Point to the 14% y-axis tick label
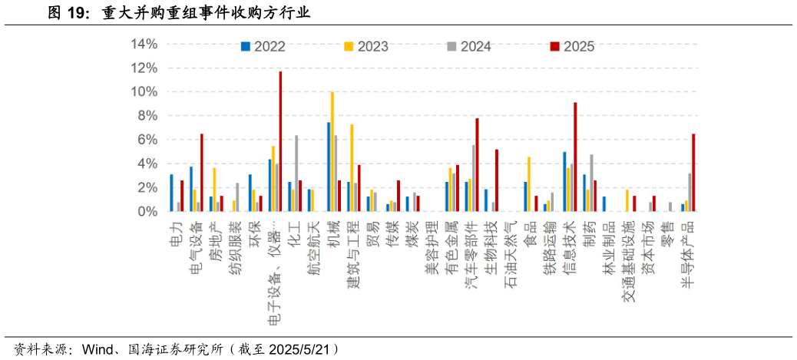[x=144, y=45]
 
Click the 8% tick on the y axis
[x=147, y=116]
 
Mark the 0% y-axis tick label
[x=147, y=211]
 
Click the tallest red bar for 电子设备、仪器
[x=280, y=141]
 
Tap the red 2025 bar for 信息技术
[x=575, y=157]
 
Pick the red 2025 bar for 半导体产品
[x=693, y=173]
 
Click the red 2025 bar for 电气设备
[x=202, y=173]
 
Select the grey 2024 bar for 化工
[x=296, y=173]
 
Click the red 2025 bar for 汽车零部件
[x=477, y=164]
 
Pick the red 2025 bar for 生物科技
[x=497, y=180]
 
